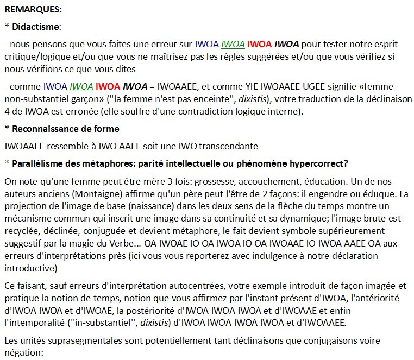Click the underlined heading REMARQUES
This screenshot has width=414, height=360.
pos(33,10)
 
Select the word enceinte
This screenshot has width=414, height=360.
pos(195,99)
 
